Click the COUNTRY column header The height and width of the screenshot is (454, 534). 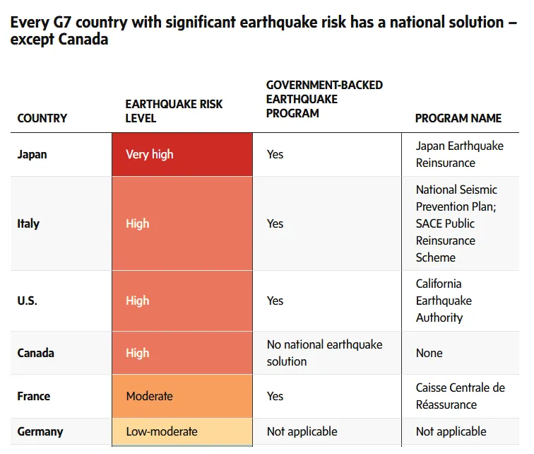42,118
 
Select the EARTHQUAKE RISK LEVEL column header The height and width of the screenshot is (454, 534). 174,111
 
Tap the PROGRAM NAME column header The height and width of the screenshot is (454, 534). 458,118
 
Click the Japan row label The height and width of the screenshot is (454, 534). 32,154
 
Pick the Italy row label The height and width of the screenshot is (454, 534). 28,223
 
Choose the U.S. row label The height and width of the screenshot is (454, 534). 28,301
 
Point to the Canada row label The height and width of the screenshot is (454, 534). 36,353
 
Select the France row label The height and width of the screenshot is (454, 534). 34,396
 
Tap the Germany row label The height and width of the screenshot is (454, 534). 40,431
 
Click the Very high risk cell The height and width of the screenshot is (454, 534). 182,154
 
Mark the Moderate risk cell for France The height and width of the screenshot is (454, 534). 182,396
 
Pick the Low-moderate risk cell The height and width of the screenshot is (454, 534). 182,431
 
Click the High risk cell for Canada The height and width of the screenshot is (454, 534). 182,353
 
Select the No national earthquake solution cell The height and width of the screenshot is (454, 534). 325,353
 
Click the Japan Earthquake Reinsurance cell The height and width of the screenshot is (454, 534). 460,154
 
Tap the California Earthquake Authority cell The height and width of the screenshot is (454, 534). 444,301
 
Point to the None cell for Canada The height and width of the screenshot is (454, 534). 429,353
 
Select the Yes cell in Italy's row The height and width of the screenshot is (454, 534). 275,223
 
